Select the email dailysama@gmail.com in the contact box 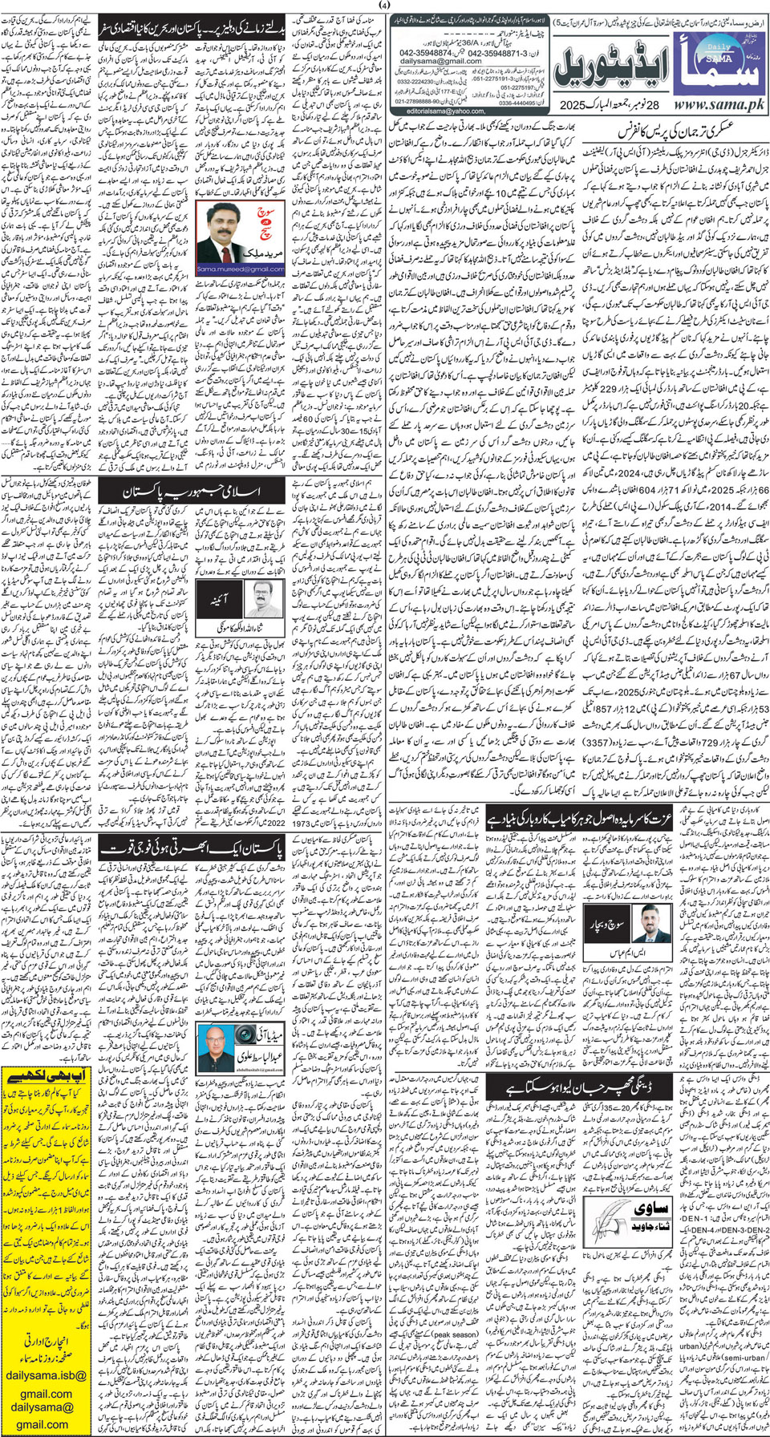click(440, 61)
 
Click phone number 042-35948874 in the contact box click(430, 52)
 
